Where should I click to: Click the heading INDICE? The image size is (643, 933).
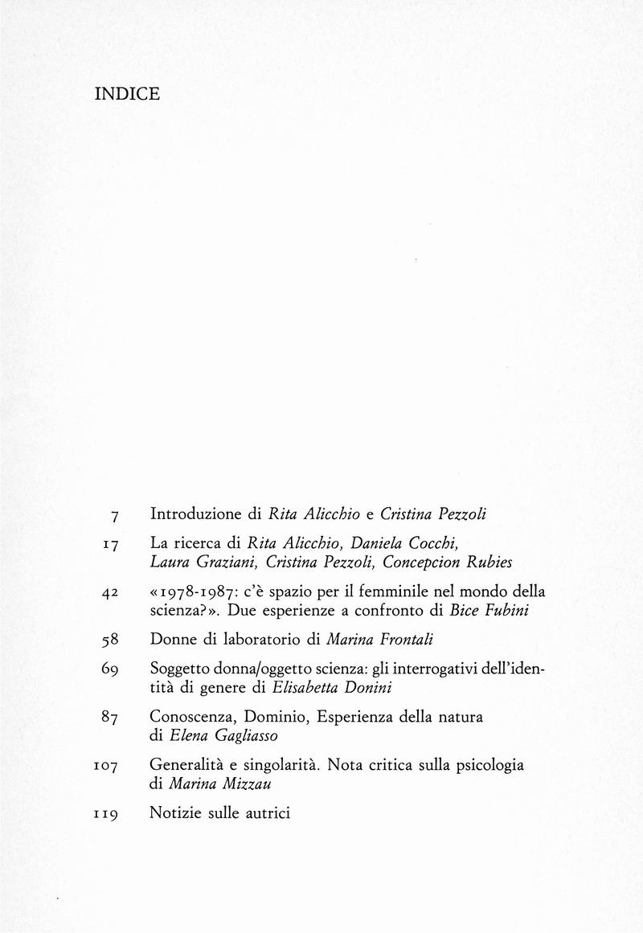coord(127,94)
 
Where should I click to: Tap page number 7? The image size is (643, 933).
coord(115,514)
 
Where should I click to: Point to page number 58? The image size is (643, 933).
coord(111,640)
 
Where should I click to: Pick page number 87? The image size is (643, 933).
coord(111,718)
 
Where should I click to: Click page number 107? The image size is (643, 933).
coord(106,767)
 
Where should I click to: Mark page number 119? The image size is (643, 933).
coord(106,814)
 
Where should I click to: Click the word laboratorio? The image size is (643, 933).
coord(261,640)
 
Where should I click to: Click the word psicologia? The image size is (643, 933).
coord(488,765)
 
